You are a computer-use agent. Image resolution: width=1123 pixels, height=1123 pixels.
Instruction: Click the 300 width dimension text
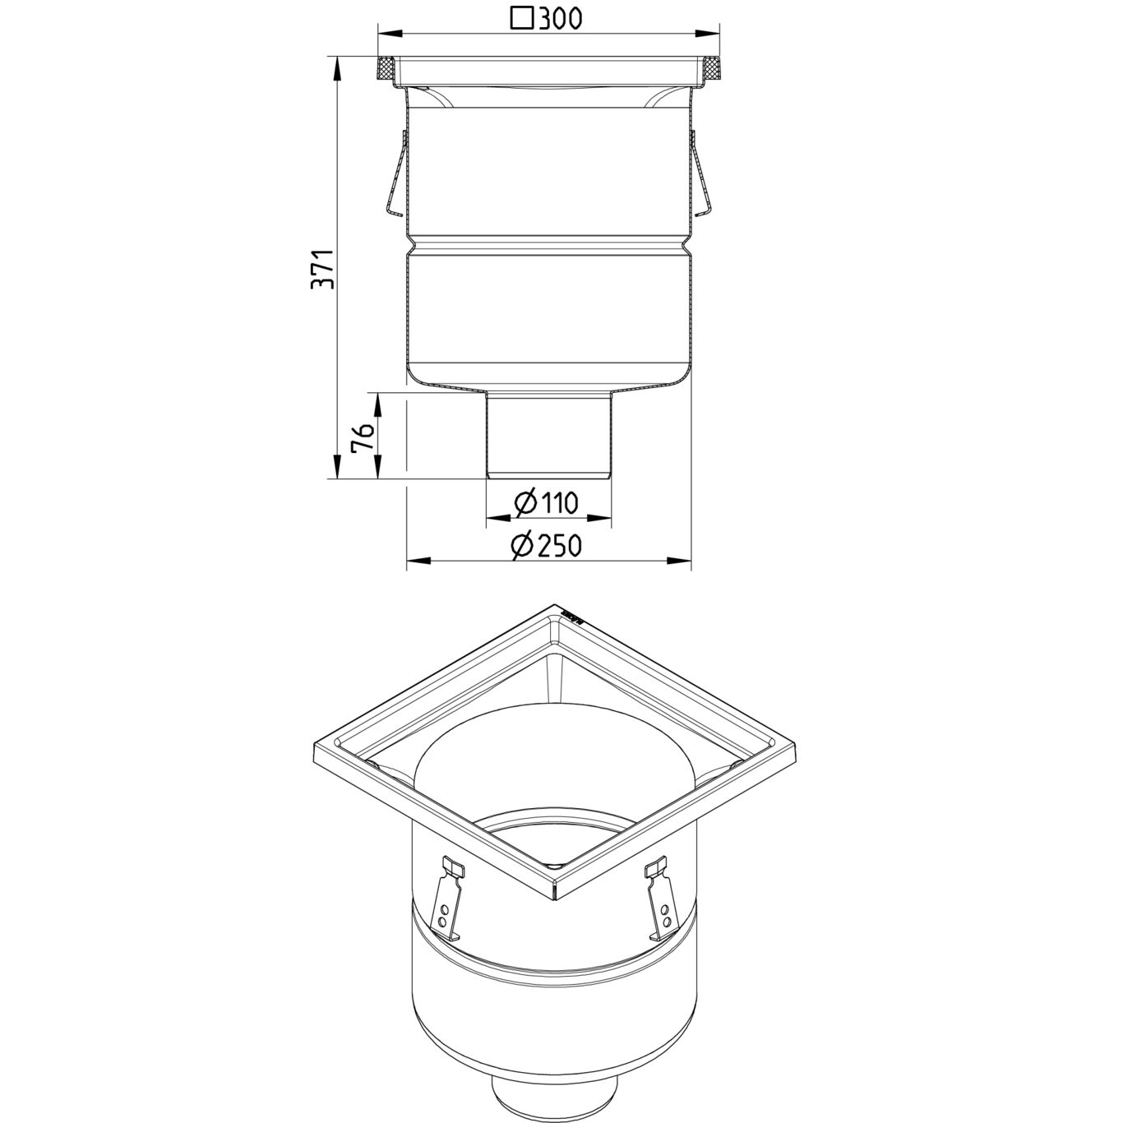point(561,18)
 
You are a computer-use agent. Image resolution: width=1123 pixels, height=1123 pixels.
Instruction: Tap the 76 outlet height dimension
point(363,436)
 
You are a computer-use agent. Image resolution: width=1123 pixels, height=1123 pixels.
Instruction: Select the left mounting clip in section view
point(395,174)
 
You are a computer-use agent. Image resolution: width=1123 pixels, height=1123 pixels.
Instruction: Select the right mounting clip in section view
point(701,174)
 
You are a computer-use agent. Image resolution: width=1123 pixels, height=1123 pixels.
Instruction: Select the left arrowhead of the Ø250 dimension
point(415,561)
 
